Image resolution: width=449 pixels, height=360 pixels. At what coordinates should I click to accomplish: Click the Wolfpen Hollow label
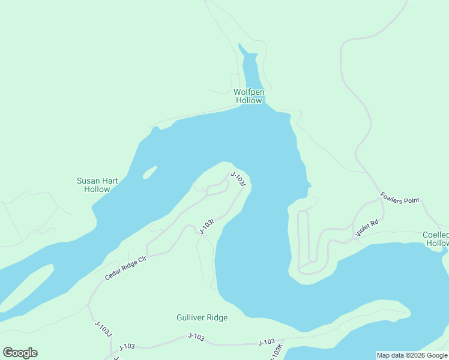248,96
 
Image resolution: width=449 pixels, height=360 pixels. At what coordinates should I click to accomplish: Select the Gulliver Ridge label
202,317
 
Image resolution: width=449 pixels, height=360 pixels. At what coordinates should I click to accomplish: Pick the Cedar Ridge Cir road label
126,268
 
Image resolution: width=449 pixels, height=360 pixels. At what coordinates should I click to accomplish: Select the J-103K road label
277,352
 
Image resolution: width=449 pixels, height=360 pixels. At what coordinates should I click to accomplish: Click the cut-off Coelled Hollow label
436,239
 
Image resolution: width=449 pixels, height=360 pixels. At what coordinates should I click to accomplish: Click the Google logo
20,353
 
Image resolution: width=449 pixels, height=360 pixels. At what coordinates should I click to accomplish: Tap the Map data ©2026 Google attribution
412,355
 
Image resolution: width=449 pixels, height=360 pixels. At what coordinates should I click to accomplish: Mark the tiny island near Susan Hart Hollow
149,173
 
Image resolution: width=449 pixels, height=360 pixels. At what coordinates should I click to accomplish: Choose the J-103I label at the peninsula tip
238,179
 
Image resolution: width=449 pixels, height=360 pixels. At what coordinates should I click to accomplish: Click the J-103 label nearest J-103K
266,342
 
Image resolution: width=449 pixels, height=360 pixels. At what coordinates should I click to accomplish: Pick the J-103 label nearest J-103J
127,347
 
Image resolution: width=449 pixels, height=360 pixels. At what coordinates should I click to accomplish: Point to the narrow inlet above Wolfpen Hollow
251,69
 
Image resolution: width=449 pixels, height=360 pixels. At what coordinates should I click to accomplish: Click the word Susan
88,181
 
